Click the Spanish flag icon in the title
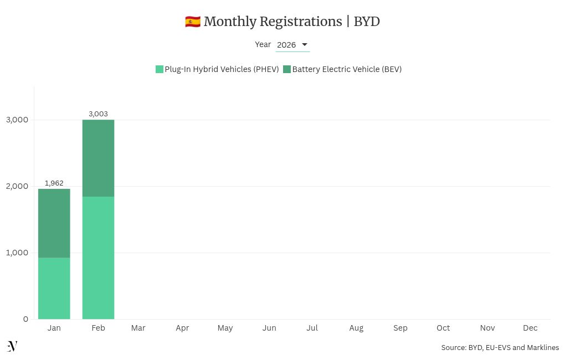click(192, 22)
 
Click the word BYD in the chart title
click(367, 22)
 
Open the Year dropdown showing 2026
click(292, 45)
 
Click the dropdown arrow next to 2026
click(304, 45)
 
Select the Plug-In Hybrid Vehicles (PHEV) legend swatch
click(160, 69)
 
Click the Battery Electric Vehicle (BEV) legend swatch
click(287, 69)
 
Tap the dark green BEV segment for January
click(54, 223)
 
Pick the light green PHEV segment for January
click(54, 288)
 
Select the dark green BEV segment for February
click(98, 158)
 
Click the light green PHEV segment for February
click(98, 258)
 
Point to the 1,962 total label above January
click(54, 183)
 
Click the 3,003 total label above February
click(98, 114)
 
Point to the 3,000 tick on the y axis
click(17, 120)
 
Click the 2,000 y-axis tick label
click(17, 186)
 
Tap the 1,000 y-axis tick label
click(17, 253)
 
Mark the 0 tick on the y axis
click(25, 319)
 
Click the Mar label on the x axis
click(138, 328)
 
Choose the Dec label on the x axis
click(530, 328)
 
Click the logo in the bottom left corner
click(12, 346)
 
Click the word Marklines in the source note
click(543, 348)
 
